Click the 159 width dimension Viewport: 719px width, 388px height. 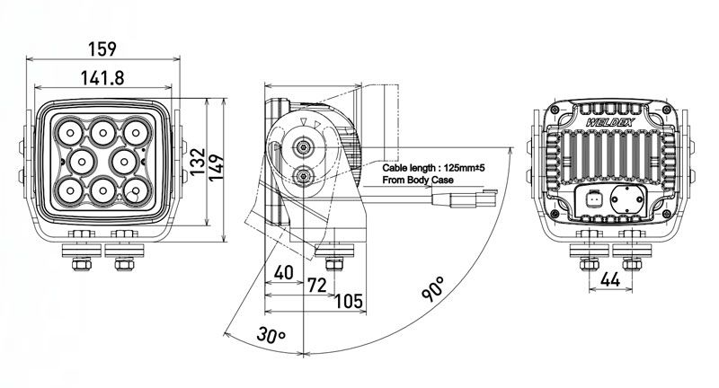pos(102,48)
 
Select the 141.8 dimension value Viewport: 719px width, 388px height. pos(102,78)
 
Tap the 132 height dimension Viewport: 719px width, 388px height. pos(198,162)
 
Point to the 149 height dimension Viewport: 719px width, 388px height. pos(216,167)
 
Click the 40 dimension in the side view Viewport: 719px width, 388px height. pos(283,272)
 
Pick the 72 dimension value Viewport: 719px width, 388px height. pos(317,286)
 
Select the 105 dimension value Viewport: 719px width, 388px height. pos(349,302)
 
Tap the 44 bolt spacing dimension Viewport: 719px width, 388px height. pos(610,279)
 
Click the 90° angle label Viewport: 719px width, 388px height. pos(433,288)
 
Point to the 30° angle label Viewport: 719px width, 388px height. pos(271,334)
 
